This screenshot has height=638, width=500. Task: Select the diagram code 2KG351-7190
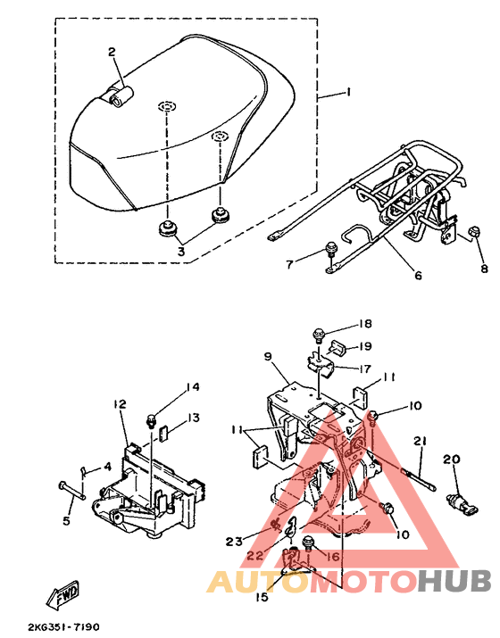click(x=64, y=627)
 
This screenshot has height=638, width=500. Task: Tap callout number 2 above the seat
click(x=112, y=52)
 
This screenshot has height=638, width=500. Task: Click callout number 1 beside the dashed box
click(x=348, y=93)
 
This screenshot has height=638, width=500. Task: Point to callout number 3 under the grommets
click(x=180, y=251)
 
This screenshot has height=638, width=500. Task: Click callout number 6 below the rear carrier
click(x=419, y=276)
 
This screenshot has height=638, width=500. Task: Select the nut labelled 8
click(x=474, y=232)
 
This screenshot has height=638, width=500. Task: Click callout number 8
click(x=484, y=269)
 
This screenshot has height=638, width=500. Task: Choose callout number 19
click(x=365, y=346)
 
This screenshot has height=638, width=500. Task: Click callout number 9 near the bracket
click(x=268, y=356)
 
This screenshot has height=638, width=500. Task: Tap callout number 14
click(x=193, y=387)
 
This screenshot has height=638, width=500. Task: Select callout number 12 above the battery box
click(x=120, y=404)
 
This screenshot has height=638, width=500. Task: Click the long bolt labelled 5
click(x=72, y=490)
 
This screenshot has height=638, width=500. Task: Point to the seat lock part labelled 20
click(x=462, y=502)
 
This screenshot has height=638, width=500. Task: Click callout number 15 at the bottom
click(x=262, y=597)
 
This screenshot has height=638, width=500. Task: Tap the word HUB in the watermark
click(x=454, y=581)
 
